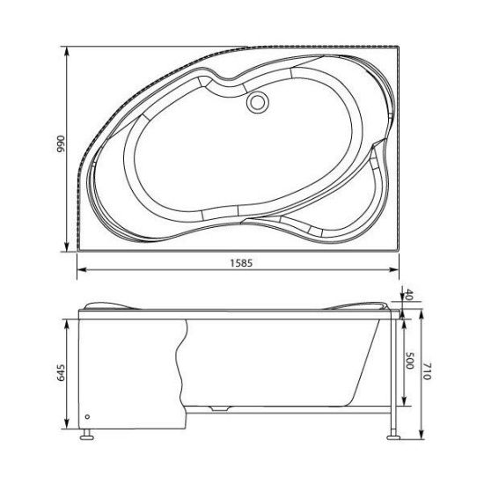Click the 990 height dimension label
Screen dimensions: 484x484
[x=61, y=144]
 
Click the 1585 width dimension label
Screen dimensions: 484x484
[x=241, y=263]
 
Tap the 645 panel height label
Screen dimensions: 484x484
[x=61, y=373]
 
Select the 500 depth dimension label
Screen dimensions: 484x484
[x=409, y=361]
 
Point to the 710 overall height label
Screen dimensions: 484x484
[x=427, y=371]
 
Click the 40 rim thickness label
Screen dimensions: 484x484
[x=408, y=295]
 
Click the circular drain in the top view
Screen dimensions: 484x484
[x=258, y=102]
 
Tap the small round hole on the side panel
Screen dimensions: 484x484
[x=87, y=417]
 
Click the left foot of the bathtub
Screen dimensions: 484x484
[x=86, y=435]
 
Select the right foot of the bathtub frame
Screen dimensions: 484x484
[x=393, y=436]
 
